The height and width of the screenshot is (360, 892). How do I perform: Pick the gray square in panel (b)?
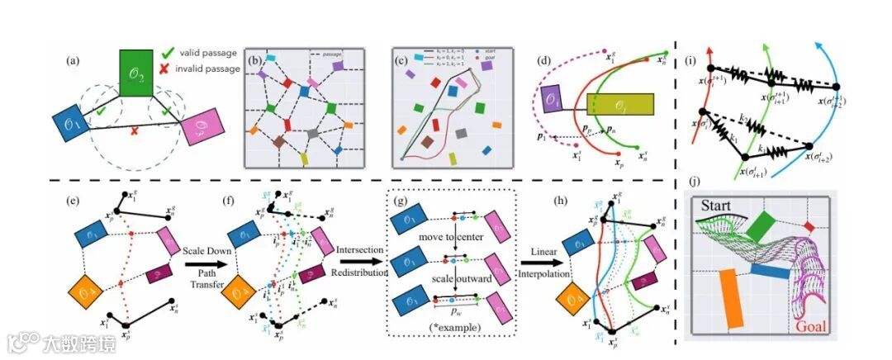tap(312, 132)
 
